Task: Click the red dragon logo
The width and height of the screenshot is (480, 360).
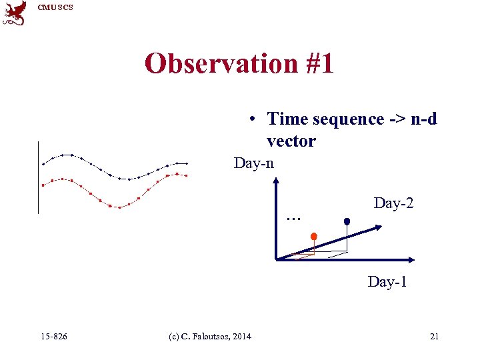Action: [15, 13]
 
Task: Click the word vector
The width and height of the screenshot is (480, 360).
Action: [291, 141]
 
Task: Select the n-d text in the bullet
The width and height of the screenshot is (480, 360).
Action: [423, 119]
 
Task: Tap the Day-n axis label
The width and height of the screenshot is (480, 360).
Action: [253, 163]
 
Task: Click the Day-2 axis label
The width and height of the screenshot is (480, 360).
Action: [393, 203]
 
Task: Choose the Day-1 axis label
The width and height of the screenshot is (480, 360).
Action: [387, 282]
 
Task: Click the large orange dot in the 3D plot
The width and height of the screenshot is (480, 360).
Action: [313, 235]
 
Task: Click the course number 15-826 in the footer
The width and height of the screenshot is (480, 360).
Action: [53, 337]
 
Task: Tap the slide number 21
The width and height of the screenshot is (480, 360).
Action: [434, 337]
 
